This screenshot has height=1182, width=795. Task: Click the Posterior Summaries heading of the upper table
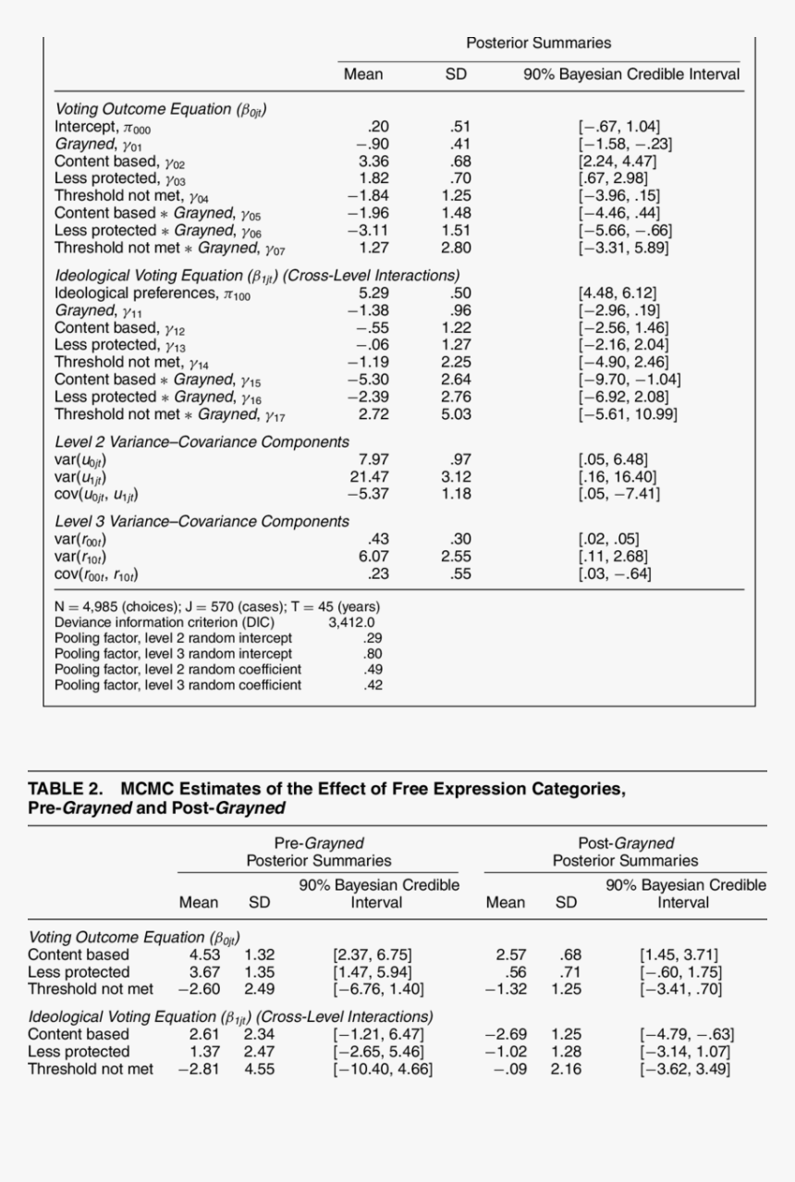click(x=538, y=43)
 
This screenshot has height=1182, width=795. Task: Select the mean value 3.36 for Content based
click(x=373, y=161)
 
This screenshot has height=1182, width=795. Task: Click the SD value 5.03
click(x=456, y=414)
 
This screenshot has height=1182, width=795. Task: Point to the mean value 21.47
click(x=368, y=476)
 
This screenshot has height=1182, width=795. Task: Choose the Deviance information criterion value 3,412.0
click(x=351, y=622)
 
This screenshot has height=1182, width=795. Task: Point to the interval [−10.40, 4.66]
click(x=383, y=1069)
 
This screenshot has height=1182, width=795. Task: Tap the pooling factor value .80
click(x=373, y=654)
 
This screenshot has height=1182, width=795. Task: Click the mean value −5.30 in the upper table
click(x=368, y=379)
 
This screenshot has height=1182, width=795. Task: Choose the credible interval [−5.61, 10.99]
click(x=628, y=414)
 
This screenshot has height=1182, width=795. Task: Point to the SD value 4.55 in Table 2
click(x=259, y=1069)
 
